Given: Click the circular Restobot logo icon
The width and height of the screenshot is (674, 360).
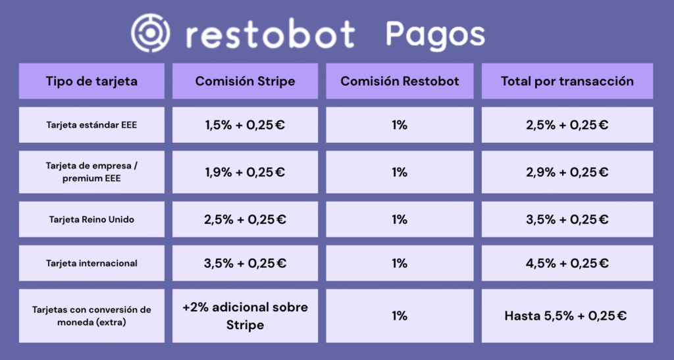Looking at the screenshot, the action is (151, 33).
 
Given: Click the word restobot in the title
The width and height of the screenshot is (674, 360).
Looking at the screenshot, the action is (271, 34).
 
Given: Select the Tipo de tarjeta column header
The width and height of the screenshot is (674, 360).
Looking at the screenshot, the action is (91, 81).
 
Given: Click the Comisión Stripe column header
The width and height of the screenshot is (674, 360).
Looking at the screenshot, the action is (245, 81).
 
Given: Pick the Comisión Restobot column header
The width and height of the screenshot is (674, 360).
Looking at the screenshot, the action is (400, 81).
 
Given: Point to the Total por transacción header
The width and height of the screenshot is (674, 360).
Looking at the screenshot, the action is (567, 81).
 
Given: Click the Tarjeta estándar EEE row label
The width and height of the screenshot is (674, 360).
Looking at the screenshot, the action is (91, 125).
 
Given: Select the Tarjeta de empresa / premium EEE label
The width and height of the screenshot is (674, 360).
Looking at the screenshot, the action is (91, 172).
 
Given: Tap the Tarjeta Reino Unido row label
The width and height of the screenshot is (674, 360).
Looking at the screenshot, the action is (91, 220).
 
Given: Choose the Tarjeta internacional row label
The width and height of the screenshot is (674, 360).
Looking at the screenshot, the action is (91, 263).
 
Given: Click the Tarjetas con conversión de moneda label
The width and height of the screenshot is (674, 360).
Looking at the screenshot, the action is (91, 316).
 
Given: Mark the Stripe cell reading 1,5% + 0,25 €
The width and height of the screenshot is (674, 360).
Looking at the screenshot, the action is (245, 125).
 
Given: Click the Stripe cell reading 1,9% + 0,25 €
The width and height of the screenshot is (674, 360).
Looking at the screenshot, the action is (245, 172).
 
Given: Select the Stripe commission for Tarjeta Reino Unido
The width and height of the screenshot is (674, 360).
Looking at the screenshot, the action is (245, 220).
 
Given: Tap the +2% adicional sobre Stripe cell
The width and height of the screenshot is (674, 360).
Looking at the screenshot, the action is (245, 316).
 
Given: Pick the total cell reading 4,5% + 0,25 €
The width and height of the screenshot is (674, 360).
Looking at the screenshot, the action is (567, 263).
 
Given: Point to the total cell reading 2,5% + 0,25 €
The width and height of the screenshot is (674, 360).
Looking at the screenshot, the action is (567, 125).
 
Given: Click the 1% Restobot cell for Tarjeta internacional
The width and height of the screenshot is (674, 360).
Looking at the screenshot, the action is (400, 263).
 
